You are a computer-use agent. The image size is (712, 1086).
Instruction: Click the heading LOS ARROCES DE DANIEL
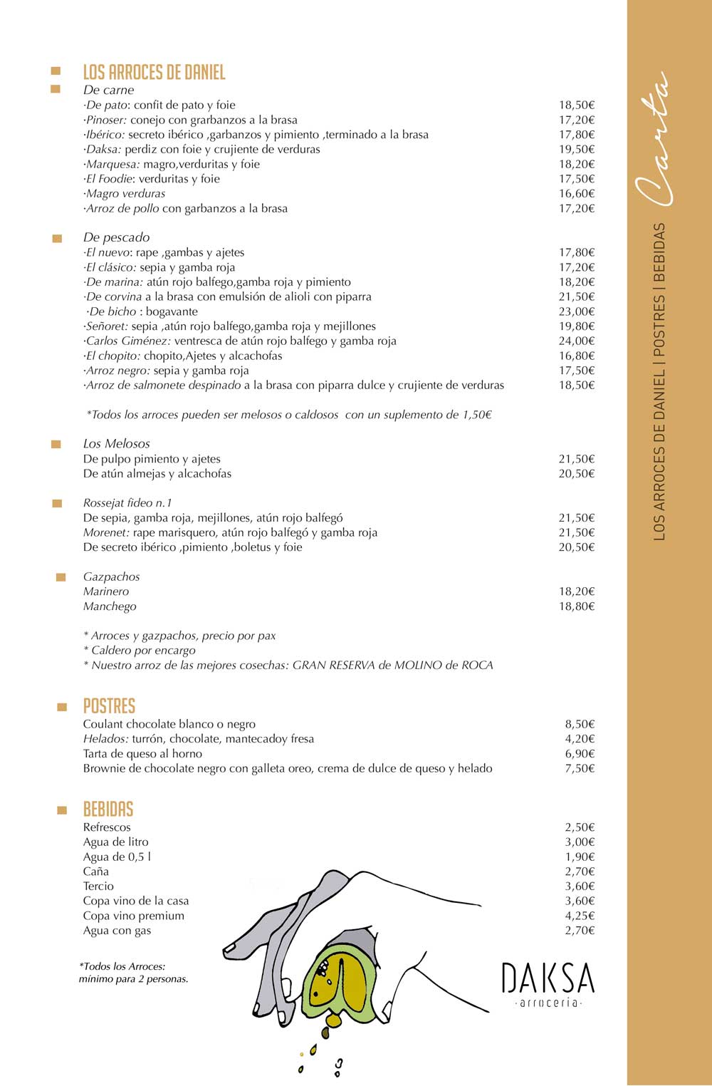pyautogui.click(x=154, y=72)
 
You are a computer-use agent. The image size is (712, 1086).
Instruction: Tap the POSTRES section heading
pyautogui.click(x=109, y=705)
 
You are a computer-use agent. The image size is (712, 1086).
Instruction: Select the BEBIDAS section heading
pyautogui.click(x=108, y=809)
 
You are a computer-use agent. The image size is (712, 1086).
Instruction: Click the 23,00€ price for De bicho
pyautogui.click(x=576, y=311)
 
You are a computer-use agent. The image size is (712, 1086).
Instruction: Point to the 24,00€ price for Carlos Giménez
pyautogui.click(x=576, y=341)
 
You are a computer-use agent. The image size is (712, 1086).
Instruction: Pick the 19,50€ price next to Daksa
pyautogui.click(x=576, y=149)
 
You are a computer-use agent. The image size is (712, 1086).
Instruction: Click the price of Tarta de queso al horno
pyautogui.click(x=580, y=753)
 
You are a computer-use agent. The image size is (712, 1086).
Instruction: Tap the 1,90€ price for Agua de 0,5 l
pyautogui.click(x=580, y=857)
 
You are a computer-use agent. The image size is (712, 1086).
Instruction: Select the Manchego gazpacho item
pyautogui.click(x=110, y=606)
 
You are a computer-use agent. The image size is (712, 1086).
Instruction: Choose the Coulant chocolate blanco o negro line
pyautogui.click(x=169, y=724)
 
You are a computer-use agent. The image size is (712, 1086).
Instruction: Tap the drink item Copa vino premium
pyautogui.click(x=134, y=916)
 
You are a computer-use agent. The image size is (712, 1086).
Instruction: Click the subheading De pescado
pyautogui.click(x=116, y=237)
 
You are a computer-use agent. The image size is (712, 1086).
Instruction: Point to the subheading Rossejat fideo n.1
pyautogui.click(x=127, y=503)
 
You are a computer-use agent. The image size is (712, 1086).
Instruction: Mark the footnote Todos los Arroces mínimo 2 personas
pyautogui.click(x=133, y=973)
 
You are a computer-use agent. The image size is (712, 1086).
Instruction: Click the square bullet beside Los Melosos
pyautogui.click(x=56, y=445)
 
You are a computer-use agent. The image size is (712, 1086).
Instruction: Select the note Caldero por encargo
pyautogui.click(x=140, y=650)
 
